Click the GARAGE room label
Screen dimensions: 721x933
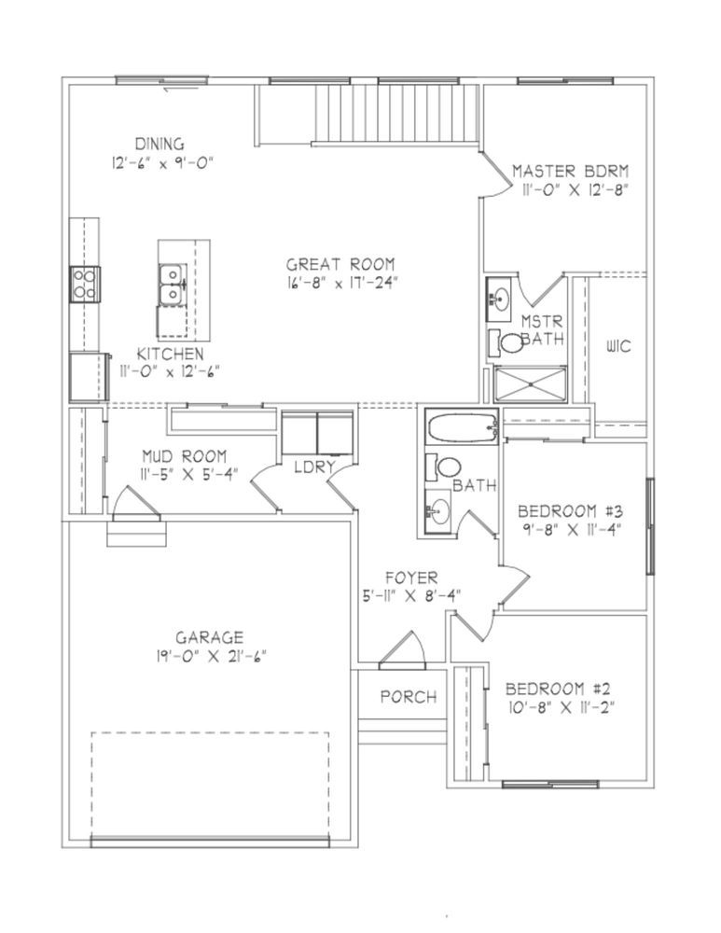click(210, 637)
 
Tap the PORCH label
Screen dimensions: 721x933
click(409, 696)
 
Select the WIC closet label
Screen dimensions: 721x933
click(618, 346)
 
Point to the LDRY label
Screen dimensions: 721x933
click(314, 467)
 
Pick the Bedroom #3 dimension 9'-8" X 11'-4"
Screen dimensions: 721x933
click(569, 529)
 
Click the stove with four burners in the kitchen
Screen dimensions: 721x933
click(85, 284)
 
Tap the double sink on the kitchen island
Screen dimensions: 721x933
click(173, 285)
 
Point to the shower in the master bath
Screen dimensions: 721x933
click(530, 383)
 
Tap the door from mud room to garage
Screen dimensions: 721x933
click(136, 502)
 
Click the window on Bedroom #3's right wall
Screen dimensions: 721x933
click(651, 526)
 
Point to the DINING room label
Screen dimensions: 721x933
click(159, 144)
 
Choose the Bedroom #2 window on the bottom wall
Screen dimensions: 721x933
click(550, 785)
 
